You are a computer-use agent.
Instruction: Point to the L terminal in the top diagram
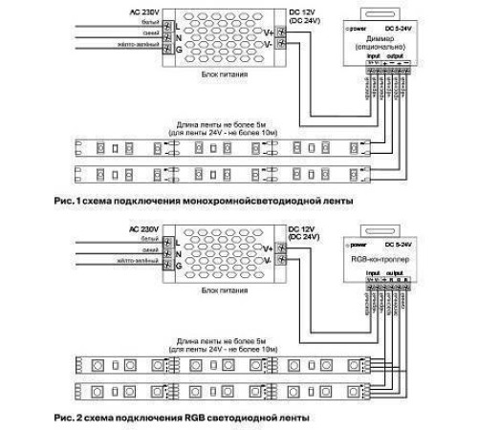(x=172, y=23)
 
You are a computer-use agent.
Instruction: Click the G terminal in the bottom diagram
(x=172, y=274)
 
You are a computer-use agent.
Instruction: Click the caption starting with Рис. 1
(x=191, y=202)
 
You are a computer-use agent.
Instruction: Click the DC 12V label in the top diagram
(x=300, y=10)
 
